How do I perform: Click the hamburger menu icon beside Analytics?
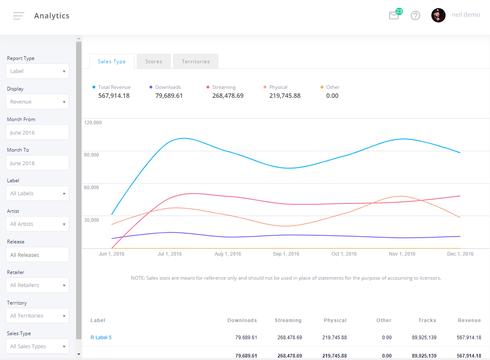coord(18,16)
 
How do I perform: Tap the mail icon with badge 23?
coord(394,16)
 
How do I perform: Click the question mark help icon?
coord(415,15)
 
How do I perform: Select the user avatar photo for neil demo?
coord(438,15)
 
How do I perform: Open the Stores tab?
coord(154,62)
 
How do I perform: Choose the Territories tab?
coord(196,62)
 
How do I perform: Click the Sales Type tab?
coord(112,62)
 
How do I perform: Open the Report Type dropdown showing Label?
coord(37,71)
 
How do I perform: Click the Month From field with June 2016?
coord(37,133)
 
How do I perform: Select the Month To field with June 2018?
coord(37,163)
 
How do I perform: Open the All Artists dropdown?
coord(37,224)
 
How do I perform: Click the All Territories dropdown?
coord(37,316)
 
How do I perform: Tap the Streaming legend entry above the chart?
coord(224,87)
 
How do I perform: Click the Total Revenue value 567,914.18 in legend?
coord(114,96)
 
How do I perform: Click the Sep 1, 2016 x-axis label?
coord(286,254)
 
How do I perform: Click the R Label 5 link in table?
coord(101,338)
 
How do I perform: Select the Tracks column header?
coord(427,320)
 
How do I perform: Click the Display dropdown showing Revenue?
coord(37,102)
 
